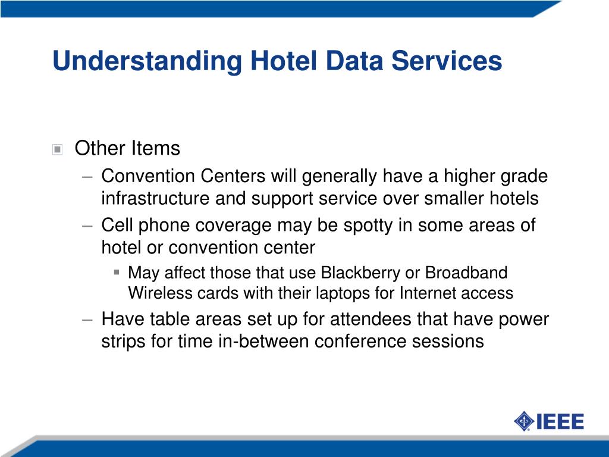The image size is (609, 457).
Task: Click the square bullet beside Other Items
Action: (58, 149)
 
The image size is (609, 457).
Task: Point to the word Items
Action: (155, 148)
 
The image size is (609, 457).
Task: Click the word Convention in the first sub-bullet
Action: (148, 176)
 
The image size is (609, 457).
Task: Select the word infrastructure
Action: (155, 198)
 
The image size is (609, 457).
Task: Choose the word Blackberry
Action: (360, 273)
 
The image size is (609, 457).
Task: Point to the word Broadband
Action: (466, 273)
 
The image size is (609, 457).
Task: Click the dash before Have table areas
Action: (87, 320)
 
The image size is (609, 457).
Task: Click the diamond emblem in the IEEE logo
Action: (524, 421)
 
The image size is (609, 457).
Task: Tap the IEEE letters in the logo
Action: (560, 422)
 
